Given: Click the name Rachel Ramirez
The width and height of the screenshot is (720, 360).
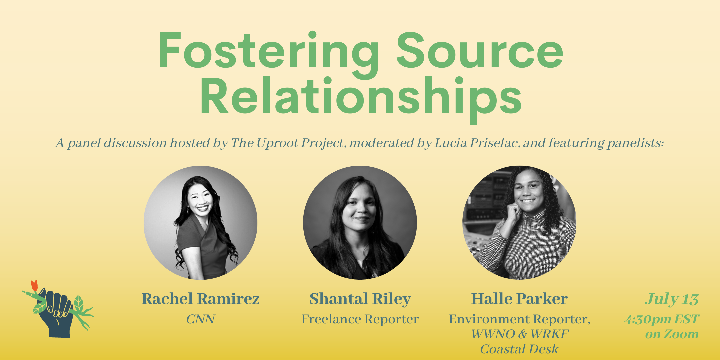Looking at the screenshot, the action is (x=201, y=299).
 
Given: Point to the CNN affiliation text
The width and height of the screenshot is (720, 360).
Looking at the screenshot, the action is (x=201, y=319).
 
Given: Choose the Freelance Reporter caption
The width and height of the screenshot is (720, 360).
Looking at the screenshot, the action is (x=360, y=319).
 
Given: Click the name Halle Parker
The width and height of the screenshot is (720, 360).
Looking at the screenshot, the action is (x=519, y=299).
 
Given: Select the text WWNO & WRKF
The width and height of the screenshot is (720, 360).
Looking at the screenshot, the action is (x=519, y=334).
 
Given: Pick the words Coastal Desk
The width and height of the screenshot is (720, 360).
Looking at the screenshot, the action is (x=519, y=349).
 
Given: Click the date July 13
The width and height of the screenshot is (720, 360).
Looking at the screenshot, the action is (x=672, y=299).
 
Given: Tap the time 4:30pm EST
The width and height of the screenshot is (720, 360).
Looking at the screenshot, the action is (x=662, y=319).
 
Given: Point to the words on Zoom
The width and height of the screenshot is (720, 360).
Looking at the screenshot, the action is (x=672, y=334).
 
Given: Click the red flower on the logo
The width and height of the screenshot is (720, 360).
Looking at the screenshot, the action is (x=34, y=285).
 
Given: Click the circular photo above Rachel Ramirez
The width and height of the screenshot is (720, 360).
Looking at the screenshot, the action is (x=201, y=223).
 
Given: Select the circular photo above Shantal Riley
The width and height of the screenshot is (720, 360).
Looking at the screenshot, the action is (x=360, y=223).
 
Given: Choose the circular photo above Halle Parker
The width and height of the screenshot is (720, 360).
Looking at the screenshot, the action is (x=519, y=223).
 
